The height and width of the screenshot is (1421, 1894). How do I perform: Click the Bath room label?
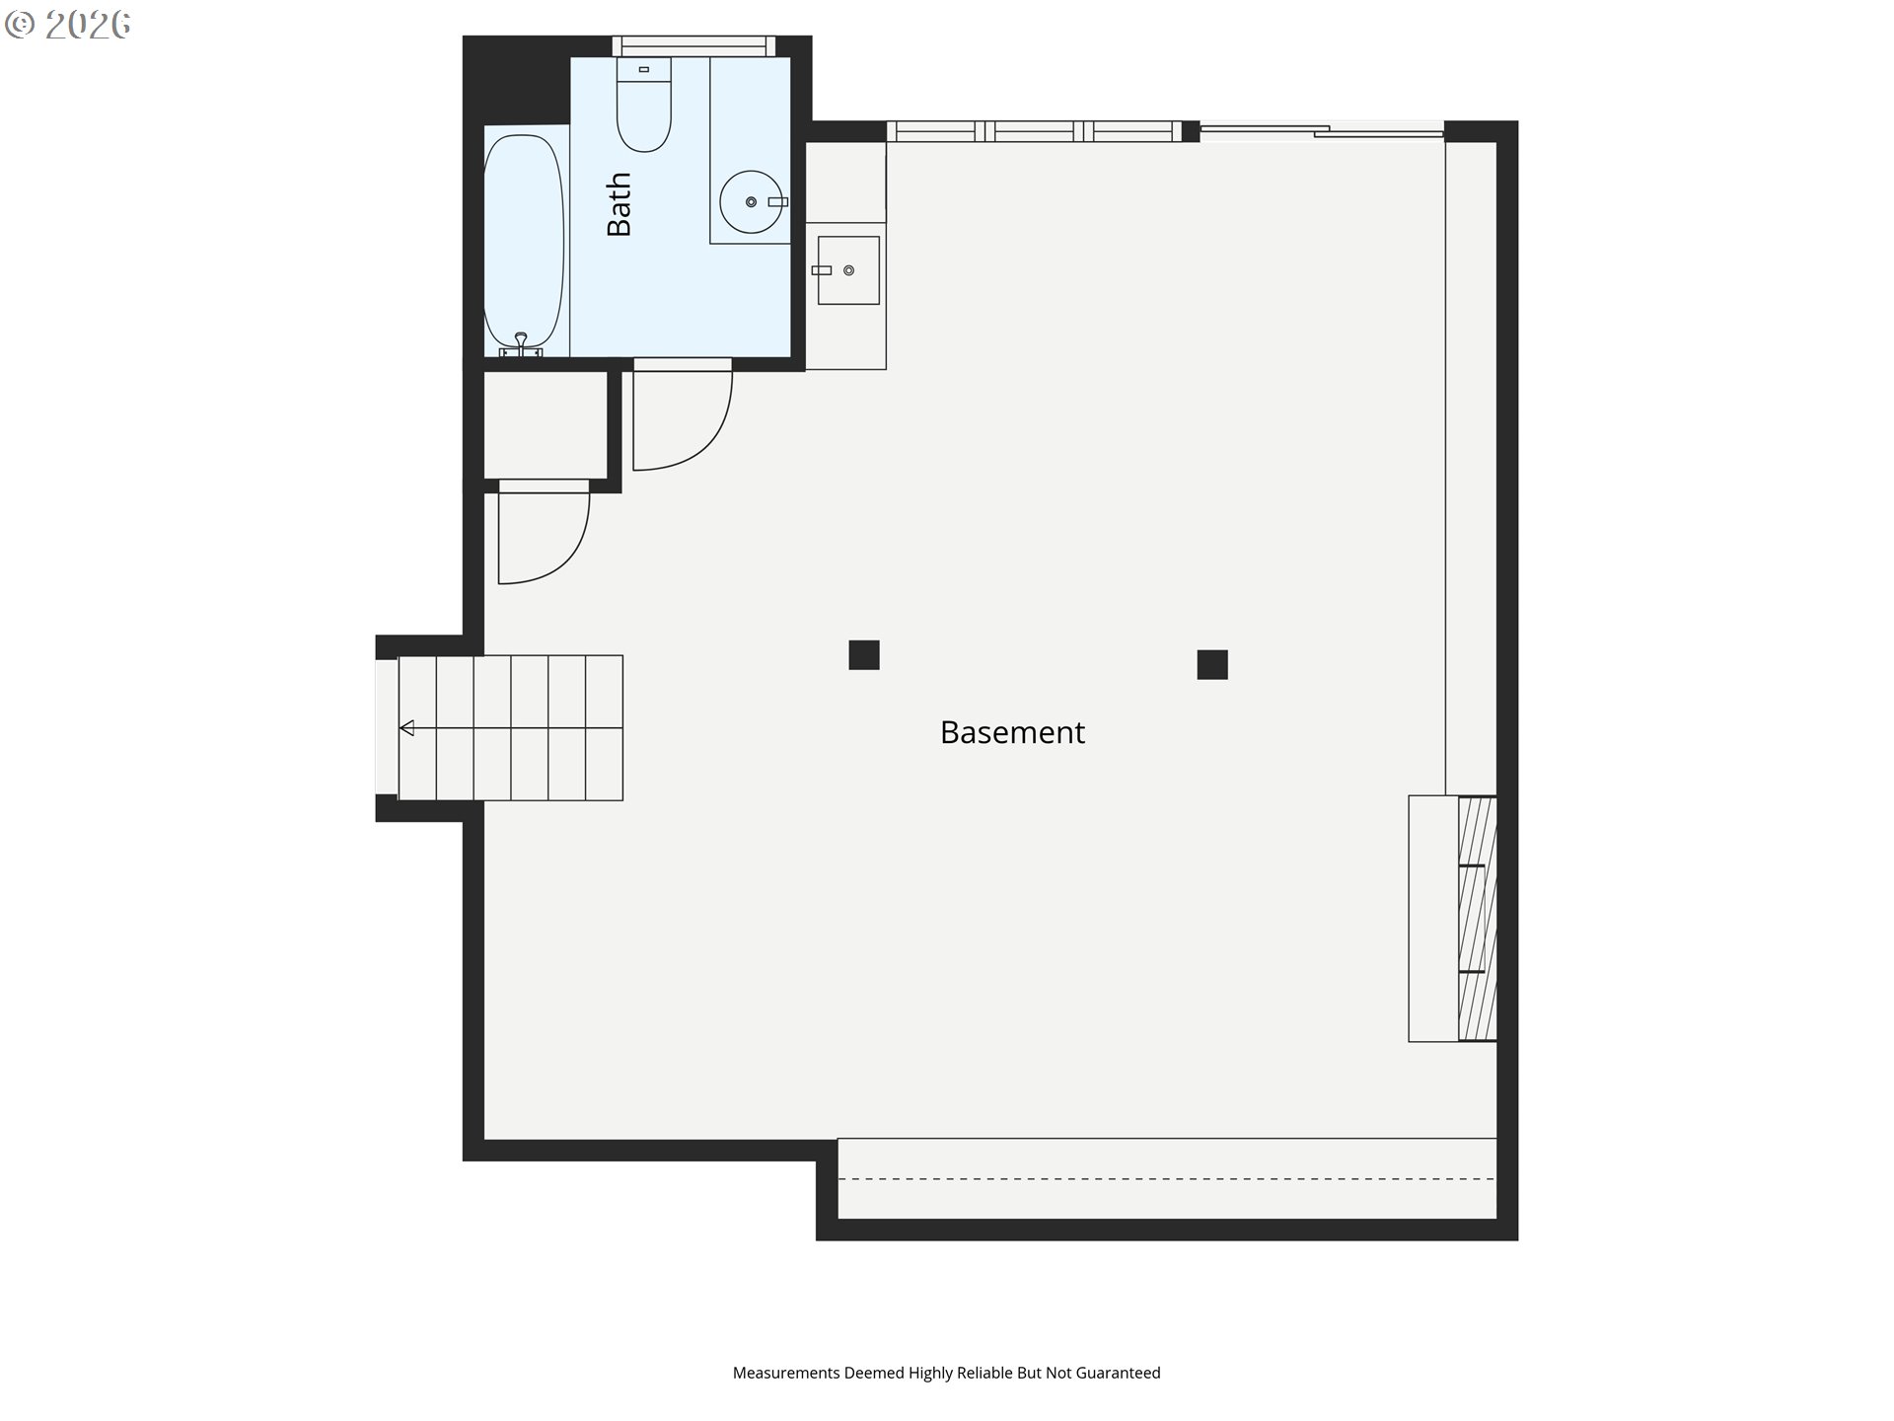coord(619,204)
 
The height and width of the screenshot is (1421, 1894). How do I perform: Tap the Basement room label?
coord(1012,732)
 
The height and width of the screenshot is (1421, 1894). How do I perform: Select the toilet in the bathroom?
coord(644,105)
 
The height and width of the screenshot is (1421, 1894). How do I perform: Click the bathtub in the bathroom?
coord(524,243)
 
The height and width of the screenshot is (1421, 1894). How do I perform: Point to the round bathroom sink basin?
coord(751,201)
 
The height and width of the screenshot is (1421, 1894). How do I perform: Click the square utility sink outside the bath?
coord(848,269)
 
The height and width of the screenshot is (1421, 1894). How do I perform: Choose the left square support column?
coord(864,655)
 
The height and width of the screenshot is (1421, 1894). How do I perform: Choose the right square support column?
coord(1212,664)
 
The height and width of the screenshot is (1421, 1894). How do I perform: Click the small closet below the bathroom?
coord(545,424)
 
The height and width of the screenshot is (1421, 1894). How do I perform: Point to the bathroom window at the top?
coord(693,46)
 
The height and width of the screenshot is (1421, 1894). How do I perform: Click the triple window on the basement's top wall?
coord(1034,131)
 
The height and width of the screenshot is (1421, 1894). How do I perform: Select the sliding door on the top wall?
coord(1322,130)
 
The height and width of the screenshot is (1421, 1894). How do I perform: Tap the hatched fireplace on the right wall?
coord(1477,918)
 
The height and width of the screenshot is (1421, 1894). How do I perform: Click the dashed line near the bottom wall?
coord(1167,1178)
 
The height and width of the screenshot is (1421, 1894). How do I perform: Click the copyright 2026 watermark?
coord(68,25)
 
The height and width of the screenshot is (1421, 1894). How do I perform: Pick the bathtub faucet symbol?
coord(521,345)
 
